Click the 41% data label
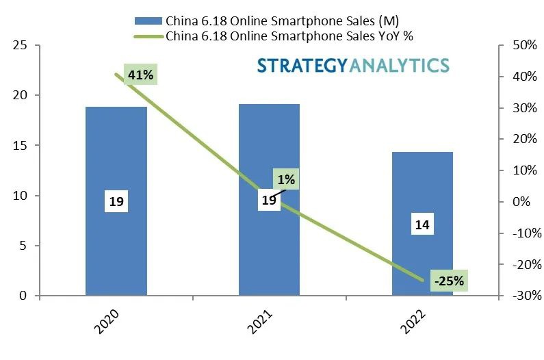(140, 75)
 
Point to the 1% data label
(286, 180)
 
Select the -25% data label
(449, 280)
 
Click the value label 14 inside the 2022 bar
(422, 224)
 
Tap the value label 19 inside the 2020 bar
(116, 202)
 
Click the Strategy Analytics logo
(353, 66)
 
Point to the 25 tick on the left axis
(21, 45)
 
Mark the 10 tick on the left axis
(21, 196)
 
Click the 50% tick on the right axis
(524, 45)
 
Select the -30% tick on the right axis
(524, 296)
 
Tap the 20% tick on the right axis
(524, 139)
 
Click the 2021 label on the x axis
(261, 324)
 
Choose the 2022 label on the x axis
(415, 324)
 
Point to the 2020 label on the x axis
(108, 324)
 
